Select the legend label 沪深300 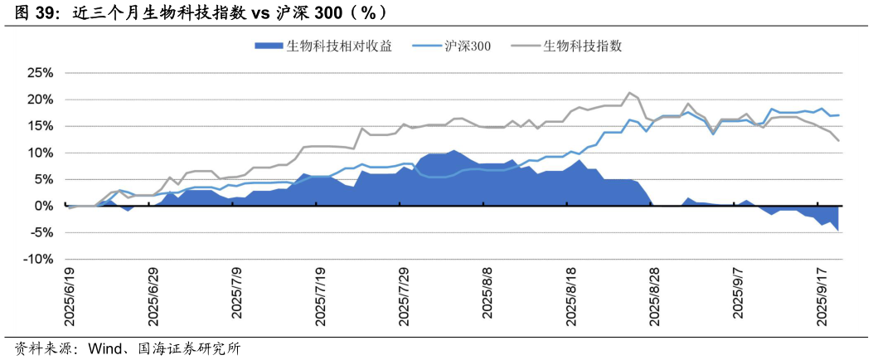468,46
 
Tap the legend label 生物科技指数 582,46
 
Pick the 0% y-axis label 44,206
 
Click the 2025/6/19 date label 70,298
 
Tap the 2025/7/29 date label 404,298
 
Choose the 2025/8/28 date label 654,298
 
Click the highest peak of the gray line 629,93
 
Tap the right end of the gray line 839,140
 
